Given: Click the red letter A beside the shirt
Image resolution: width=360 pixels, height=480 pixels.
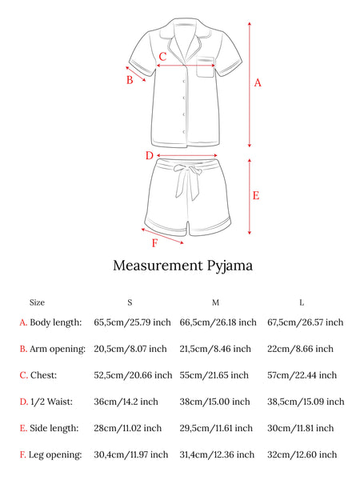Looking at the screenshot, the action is pos(258,83).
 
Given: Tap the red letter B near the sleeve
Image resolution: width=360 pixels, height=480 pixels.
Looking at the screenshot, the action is pos(130,80).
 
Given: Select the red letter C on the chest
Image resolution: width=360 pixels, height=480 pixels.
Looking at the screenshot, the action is pos(162,56).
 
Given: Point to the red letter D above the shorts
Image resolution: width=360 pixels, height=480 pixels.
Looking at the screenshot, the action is pos(149,155).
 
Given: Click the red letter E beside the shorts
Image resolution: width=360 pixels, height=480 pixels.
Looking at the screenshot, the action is pos(256,195).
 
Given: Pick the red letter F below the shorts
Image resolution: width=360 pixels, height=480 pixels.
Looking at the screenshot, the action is pos(155,243).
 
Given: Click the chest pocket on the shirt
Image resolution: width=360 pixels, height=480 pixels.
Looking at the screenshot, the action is pos(205,67).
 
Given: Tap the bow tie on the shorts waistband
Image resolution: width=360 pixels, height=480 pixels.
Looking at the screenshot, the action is pos(187,182).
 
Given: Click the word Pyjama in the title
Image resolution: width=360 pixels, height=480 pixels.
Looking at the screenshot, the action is pos(230,266).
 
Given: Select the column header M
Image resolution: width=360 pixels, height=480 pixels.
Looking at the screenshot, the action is pos(215,302).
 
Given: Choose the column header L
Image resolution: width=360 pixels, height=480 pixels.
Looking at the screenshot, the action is pos(302,302).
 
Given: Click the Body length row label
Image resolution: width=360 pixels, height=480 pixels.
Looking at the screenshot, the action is pos(56,322).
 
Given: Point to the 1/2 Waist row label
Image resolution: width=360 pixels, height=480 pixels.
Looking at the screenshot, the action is pos(51,402).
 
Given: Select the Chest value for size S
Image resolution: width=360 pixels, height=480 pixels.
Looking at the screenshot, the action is pos(133,375).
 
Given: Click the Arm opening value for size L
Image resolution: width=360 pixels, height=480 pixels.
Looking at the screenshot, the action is pos(300,349).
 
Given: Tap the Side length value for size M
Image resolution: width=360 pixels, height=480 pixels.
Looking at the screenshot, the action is pos(216,428).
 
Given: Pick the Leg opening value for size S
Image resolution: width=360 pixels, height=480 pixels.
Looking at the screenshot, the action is pos(131,454).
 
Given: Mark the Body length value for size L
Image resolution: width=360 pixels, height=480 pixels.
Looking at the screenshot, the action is pos(306,322).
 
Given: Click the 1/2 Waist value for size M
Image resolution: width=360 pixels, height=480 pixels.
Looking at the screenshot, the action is pos(214,402).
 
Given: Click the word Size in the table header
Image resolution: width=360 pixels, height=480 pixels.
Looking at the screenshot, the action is pos(37,302).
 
